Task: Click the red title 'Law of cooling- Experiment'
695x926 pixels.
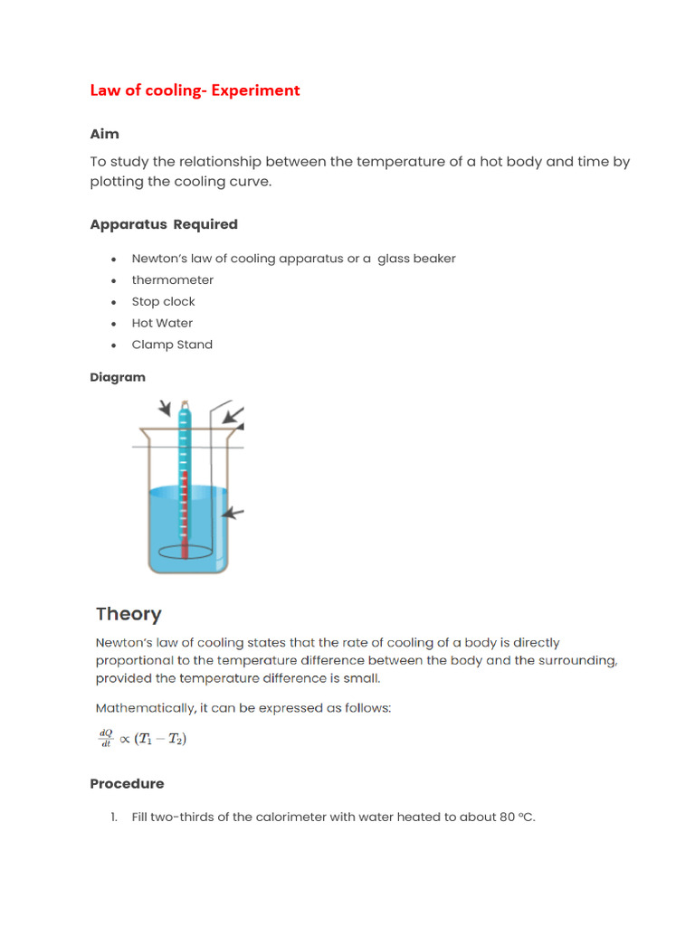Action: click(195, 90)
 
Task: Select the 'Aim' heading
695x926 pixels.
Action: click(104, 134)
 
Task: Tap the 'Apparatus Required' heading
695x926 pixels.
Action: click(164, 224)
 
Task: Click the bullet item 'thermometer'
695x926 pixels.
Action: click(173, 280)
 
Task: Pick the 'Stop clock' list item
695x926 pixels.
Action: click(164, 302)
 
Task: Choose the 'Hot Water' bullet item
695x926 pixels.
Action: click(162, 323)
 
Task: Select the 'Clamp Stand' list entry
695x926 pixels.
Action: click(172, 345)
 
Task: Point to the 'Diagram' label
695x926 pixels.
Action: click(118, 377)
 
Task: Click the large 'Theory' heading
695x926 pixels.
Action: click(129, 614)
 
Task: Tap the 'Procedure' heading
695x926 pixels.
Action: click(127, 784)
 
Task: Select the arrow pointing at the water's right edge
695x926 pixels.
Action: click(233, 514)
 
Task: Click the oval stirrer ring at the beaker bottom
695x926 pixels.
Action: click(185, 550)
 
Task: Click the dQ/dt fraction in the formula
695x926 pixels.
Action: click(105, 739)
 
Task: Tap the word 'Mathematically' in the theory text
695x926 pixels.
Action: click(142, 708)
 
